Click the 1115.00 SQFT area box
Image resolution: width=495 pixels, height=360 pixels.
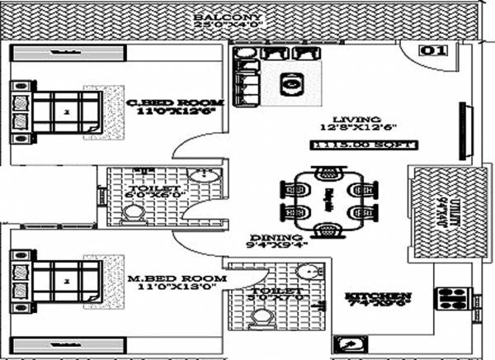(364, 145)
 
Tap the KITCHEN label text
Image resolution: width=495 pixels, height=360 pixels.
(379, 296)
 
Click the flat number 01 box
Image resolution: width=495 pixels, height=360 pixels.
(435, 50)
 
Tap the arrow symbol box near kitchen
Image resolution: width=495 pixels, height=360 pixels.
(345, 343)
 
